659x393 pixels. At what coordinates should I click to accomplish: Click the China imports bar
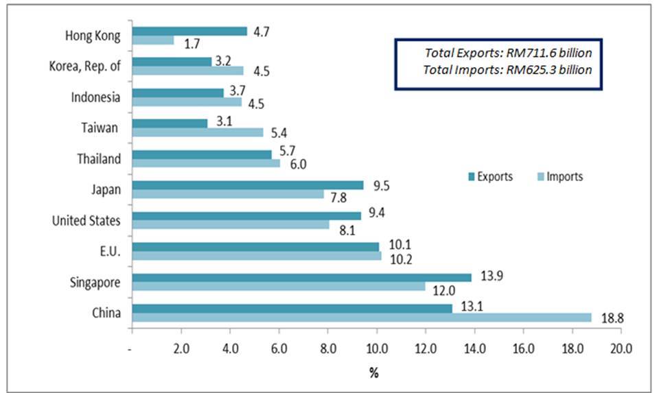point(361,318)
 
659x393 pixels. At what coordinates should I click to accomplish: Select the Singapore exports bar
point(301,277)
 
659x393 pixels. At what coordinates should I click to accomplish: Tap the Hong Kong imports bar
point(152,40)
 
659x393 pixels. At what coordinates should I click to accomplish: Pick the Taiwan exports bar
point(169,123)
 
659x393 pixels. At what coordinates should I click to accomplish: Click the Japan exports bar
point(247,184)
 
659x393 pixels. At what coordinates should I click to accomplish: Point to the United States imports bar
point(230,224)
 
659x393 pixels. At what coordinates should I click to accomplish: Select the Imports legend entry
point(559,177)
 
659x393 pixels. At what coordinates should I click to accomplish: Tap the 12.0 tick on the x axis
point(426,349)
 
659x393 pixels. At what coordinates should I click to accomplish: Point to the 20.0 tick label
point(621,349)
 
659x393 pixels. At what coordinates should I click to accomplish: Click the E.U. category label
point(110,251)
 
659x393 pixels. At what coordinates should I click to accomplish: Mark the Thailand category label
point(100,158)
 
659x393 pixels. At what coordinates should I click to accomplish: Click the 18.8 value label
point(611,318)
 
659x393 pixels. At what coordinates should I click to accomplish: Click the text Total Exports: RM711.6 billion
point(508,52)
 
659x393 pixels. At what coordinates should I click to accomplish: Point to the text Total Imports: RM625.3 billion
point(508,70)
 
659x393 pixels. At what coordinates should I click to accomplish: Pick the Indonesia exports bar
point(177,93)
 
